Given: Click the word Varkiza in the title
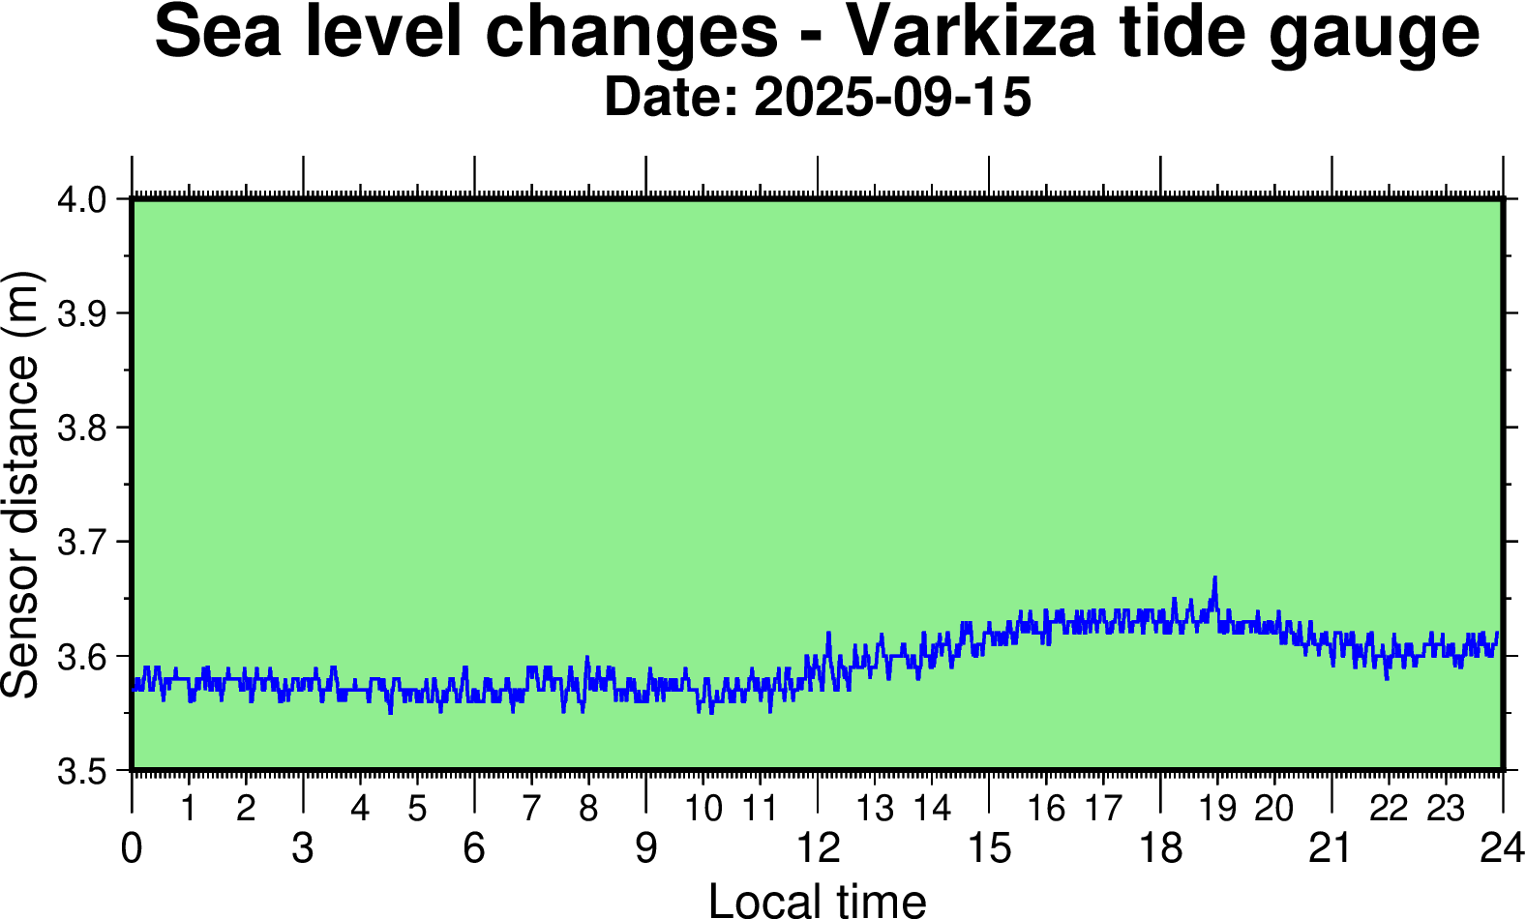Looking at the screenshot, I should click(x=971, y=32).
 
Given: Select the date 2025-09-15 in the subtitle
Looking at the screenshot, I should click(x=892, y=98).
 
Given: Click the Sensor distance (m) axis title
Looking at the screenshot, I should click(x=21, y=484).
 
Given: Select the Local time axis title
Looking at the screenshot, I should click(x=818, y=900).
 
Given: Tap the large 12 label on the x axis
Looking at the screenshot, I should click(x=818, y=848).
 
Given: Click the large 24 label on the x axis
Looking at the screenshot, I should click(x=1502, y=848).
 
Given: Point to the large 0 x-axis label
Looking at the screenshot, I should click(x=132, y=848).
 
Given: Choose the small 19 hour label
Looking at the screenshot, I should click(x=1217, y=808).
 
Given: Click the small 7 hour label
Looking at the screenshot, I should click(x=531, y=808).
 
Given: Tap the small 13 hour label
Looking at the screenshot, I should click(x=875, y=808).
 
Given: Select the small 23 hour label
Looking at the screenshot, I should click(x=1446, y=808).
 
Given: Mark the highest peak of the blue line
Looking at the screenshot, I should click(x=1214, y=578).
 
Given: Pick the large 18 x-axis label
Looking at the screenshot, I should click(x=1160, y=848).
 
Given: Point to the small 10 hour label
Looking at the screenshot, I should click(x=703, y=808).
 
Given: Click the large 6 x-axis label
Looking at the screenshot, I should click(x=474, y=848).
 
